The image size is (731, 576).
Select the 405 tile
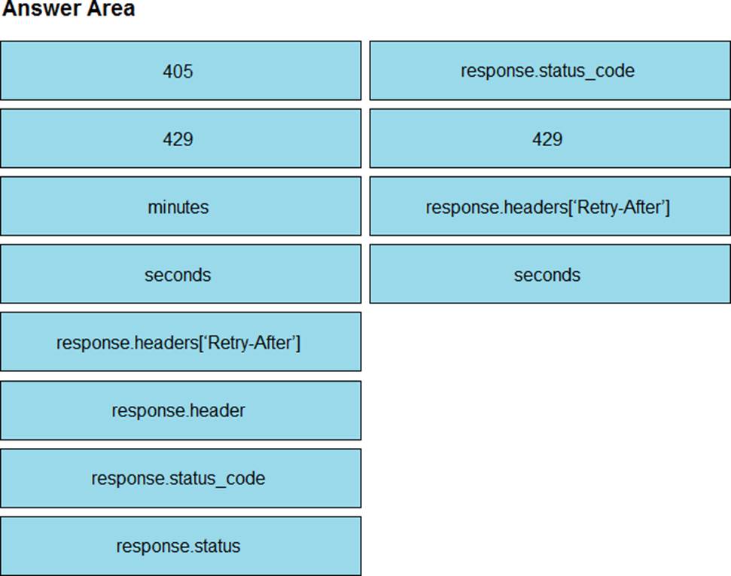click(181, 71)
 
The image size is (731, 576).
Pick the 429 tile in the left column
click(181, 139)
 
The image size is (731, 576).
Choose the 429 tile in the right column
click(550, 139)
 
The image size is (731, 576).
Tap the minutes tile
click(181, 206)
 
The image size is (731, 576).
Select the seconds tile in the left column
click(181, 274)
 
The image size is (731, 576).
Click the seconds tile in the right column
click(550, 274)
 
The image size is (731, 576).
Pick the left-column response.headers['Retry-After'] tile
click(181, 342)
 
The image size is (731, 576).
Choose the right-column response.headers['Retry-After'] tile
click(550, 206)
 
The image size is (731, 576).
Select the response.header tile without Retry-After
click(181, 410)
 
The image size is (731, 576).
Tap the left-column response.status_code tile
click(181, 478)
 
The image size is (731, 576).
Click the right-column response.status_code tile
click(550, 71)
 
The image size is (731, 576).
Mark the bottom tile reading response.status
click(181, 546)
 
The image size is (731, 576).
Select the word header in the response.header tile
click(218, 410)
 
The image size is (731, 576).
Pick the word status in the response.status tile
click(218, 546)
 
